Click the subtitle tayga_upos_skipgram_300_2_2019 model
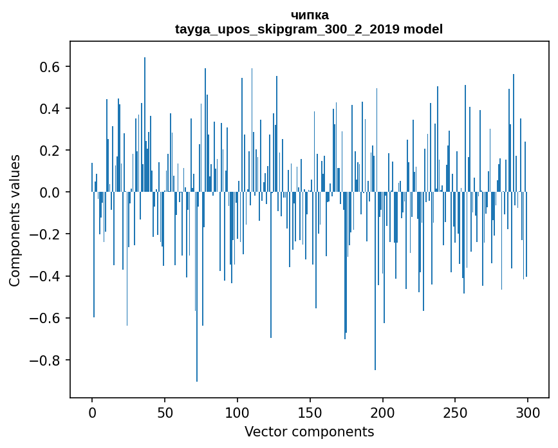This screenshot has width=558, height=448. pos(309,29)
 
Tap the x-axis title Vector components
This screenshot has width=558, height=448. pos(309,431)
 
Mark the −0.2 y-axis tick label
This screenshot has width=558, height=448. pos(45,234)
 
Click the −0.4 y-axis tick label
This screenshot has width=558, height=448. pos(45,276)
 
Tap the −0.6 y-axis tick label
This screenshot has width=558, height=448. pos(45,318)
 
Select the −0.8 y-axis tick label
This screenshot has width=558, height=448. pos(45,360)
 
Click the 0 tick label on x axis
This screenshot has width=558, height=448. pos(92,411)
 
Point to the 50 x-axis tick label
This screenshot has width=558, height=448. pos(165,411)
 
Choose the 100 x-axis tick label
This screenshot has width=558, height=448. pos(237,411)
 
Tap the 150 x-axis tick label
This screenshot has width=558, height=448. pos(310,411)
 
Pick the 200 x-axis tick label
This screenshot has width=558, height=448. pos(383,411)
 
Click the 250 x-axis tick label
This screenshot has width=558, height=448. pos(456,411)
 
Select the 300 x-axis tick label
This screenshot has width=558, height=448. pos(528,411)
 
